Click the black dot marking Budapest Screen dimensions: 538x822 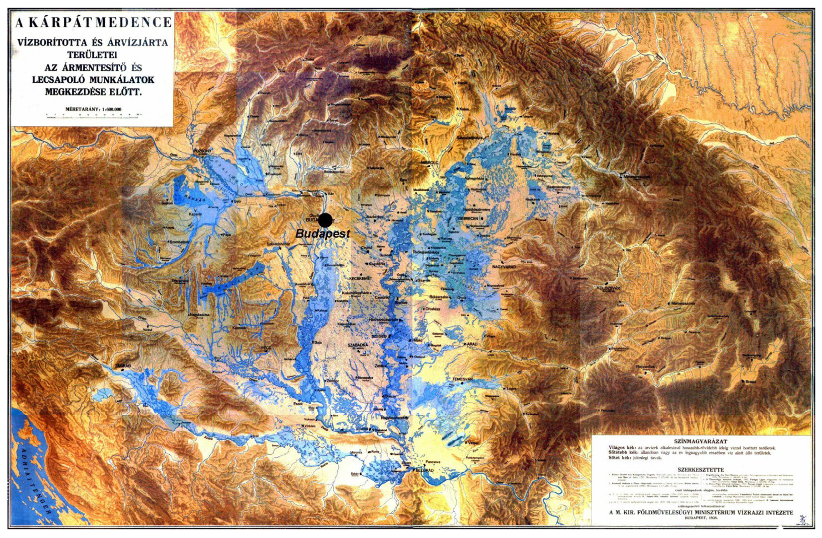[325, 220]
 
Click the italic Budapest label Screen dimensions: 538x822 [323, 234]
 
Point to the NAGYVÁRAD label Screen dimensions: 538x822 [504, 267]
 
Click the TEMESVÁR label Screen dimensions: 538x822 [462, 379]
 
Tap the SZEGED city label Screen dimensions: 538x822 [379, 336]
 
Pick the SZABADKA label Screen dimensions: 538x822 [358, 345]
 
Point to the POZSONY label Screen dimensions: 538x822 [202, 151]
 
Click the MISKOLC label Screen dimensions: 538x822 [429, 162]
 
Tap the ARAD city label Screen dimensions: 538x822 [472, 344]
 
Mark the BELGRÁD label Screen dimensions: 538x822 [425, 470]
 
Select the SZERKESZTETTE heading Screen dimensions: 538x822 [700, 470]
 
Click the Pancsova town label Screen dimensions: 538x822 [433, 462]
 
